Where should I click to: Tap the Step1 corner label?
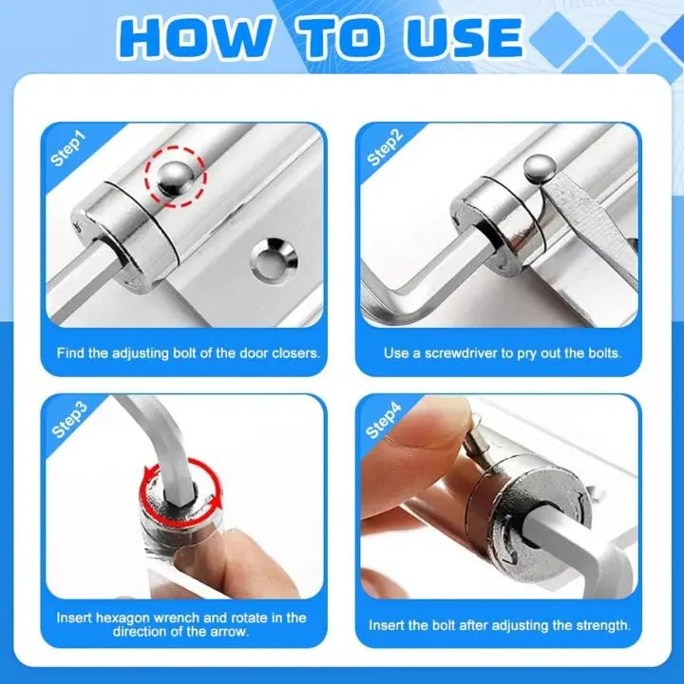[67, 149]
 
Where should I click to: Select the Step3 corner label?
[69, 419]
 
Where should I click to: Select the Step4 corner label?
[384, 419]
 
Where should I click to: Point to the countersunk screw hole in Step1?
[274, 257]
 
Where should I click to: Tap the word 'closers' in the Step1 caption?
[293, 353]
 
